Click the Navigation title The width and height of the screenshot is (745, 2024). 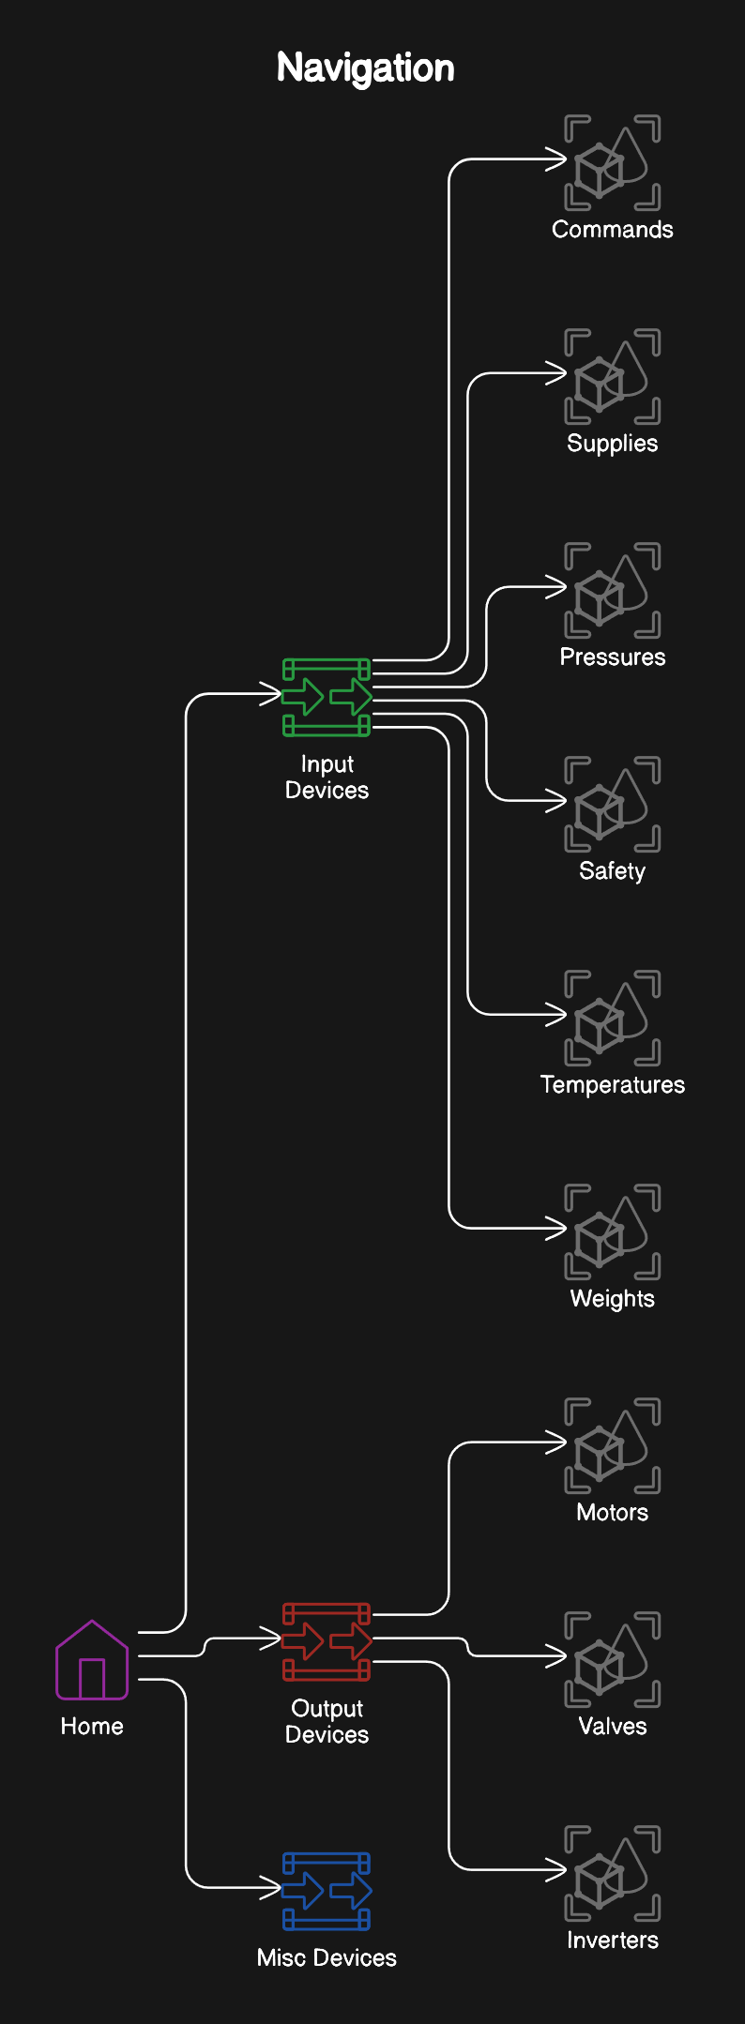pos(365,68)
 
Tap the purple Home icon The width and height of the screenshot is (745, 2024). pos(92,1660)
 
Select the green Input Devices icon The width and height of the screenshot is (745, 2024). pos(327,697)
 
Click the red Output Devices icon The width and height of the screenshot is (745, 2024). pos(327,1641)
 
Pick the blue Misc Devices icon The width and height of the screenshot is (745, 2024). pos(327,1891)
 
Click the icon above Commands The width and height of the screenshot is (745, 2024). pos(613,163)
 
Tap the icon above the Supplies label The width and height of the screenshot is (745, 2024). pos(613,377)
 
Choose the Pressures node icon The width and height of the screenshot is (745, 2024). pos(613,591)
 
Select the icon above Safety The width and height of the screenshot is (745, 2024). pos(613,805)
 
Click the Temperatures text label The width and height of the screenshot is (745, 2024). pos(613,1085)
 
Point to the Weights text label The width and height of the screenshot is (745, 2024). pos(613,1299)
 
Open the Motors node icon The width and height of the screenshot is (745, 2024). pos(613,1446)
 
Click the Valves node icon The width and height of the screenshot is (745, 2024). pos(613,1660)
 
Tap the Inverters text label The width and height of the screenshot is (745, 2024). pos(613,1941)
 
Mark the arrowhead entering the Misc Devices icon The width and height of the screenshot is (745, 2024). pos(272,1887)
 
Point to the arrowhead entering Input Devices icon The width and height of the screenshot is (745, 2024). pos(272,694)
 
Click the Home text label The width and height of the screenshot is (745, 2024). pos(92,1727)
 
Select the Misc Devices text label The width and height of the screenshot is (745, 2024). pos(327,1958)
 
